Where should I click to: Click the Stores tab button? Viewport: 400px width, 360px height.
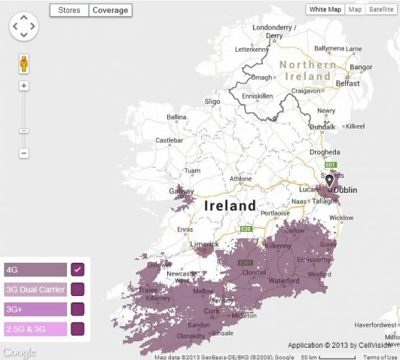[x=69, y=10]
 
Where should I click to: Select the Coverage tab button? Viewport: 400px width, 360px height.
[x=110, y=10]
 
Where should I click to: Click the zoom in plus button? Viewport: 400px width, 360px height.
[x=24, y=86]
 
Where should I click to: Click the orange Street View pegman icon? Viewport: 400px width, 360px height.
[x=24, y=63]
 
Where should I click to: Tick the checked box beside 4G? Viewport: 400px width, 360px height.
[x=77, y=270]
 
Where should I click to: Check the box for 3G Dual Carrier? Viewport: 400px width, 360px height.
[x=77, y=290]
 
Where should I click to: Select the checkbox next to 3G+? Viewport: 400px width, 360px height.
[x=77, y=310]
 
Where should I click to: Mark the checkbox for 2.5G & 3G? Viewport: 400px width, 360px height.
[x=77, y=329]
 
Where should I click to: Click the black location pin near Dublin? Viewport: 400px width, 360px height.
[x=329, y=180]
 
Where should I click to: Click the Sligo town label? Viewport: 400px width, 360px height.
[x=213, y=103]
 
